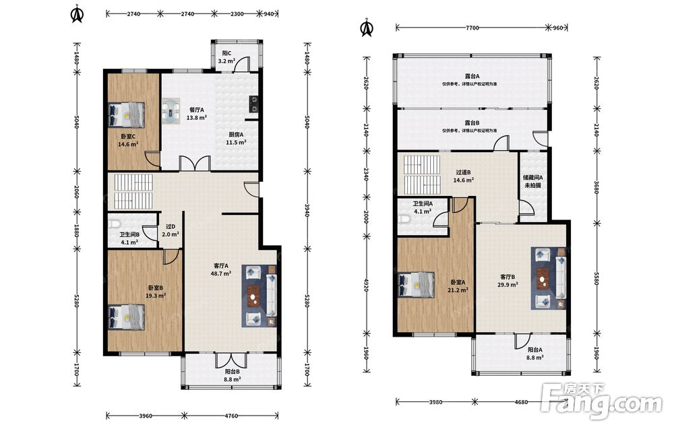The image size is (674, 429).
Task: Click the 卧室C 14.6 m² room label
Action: point(128,141)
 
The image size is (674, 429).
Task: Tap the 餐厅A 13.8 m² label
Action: point(196,113)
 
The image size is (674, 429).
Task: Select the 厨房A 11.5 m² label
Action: point(235,138)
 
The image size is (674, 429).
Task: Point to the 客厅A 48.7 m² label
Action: point(221,269)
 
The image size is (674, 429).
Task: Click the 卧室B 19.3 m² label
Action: point(156,292)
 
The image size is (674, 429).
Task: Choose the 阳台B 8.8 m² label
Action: point(233,375)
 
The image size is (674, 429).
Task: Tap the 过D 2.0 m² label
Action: point(171,230)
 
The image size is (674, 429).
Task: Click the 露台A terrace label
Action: point(472,76)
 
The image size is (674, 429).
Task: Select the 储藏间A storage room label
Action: point(532,181)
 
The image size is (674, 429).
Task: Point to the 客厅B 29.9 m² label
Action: point(508,280)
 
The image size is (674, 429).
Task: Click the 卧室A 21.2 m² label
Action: point(458,286)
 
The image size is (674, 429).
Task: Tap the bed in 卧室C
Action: point(127,114)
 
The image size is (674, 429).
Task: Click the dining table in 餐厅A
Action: point(171,111)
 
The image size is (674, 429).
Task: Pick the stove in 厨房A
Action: point(254,104)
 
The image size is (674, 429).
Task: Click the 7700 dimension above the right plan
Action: point(472,28)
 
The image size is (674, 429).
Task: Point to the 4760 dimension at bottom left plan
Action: point(231,416)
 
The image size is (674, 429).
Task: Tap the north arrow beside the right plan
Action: point(367,27)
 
